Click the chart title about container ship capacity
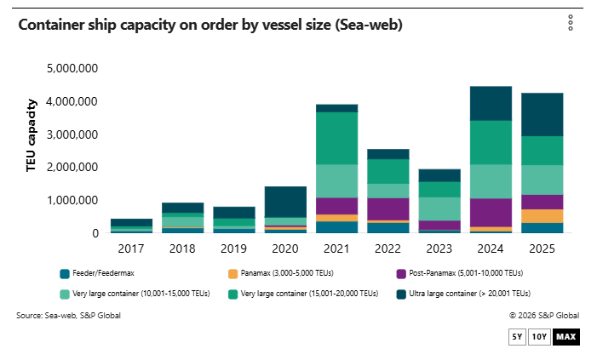pyautogui.click(x=210, y=26)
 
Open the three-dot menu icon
pyautogui.click(x=571, y=23)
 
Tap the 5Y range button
pyautogui.click(x=517, y=337)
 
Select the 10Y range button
pyautogui.click(x=539, y=337)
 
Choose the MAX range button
pyautogui.click(x=565, y=337)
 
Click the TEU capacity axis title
pyautogui.click(x=32, y=136)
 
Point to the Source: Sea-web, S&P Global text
pyautogui.click(x=68, y=316)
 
